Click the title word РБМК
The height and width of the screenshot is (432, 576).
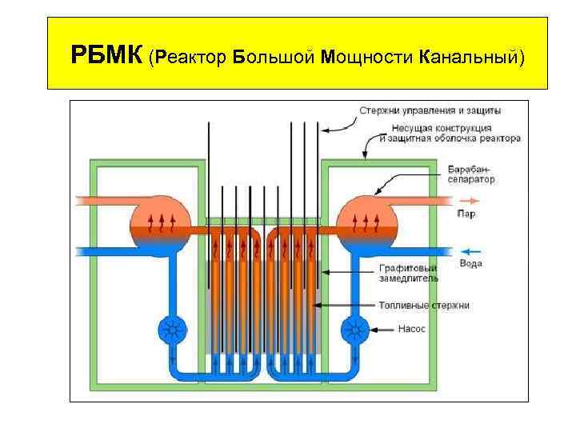point(106,57)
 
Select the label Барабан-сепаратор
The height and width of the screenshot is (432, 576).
point(471,174)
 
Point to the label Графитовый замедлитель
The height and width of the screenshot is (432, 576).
point(408,274)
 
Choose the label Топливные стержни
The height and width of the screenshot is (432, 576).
point(423,305)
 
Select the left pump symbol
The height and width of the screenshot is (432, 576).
point(171,329)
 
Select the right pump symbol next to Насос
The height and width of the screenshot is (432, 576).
point(354,329)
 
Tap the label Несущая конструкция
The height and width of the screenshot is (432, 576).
point(437,127)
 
